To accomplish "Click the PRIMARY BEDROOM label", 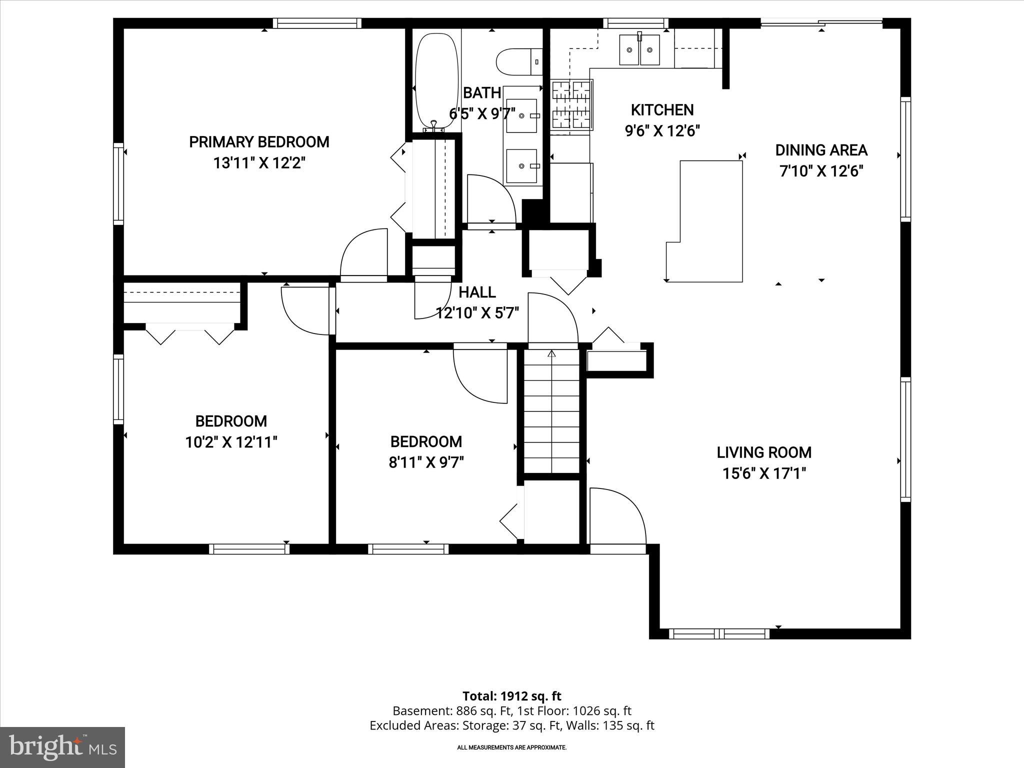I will (259, 142).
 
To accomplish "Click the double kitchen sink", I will (639, 50).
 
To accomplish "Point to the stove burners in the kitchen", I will (571, 106).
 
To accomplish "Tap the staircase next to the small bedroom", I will (551, 412).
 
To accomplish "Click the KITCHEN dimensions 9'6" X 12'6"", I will (662, 131).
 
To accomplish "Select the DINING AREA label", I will (821, 150).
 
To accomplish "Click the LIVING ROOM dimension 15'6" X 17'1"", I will (764, 473).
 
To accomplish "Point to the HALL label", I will (477, 292).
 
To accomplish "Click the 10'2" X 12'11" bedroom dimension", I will (231, 442).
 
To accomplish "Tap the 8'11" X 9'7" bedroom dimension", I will (426, 462).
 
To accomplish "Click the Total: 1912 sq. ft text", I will (511, 696).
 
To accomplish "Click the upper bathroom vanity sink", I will (521, 115).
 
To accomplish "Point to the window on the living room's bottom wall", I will (719, 633).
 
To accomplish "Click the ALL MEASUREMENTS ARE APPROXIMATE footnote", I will (511, 747).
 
